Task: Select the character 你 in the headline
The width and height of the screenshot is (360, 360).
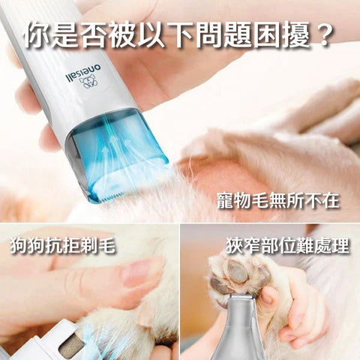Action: click(40, 33)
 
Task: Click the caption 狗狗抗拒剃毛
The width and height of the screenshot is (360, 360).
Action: click(64, 245)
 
